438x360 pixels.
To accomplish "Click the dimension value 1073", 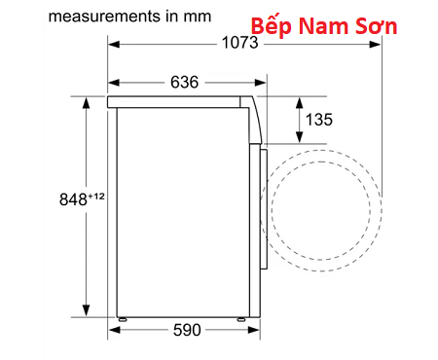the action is pyautogui.click(x=239, y=43).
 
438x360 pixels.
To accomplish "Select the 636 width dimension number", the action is pyautogui.click(x=184, y=82).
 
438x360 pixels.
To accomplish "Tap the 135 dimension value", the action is pyautogui.click(x=319, y=120).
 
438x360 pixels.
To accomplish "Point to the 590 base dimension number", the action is pyautogui.click(x=187, y=330).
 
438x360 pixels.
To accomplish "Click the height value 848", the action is pyautogui.click(x=73, y=199).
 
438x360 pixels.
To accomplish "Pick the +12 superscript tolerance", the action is pyautogui.click(x=96, y=197).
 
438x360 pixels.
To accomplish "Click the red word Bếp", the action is pyautogui.click(x=272, y=26).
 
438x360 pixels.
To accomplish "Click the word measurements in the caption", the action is pyautogui.click(x=104, y=17).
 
